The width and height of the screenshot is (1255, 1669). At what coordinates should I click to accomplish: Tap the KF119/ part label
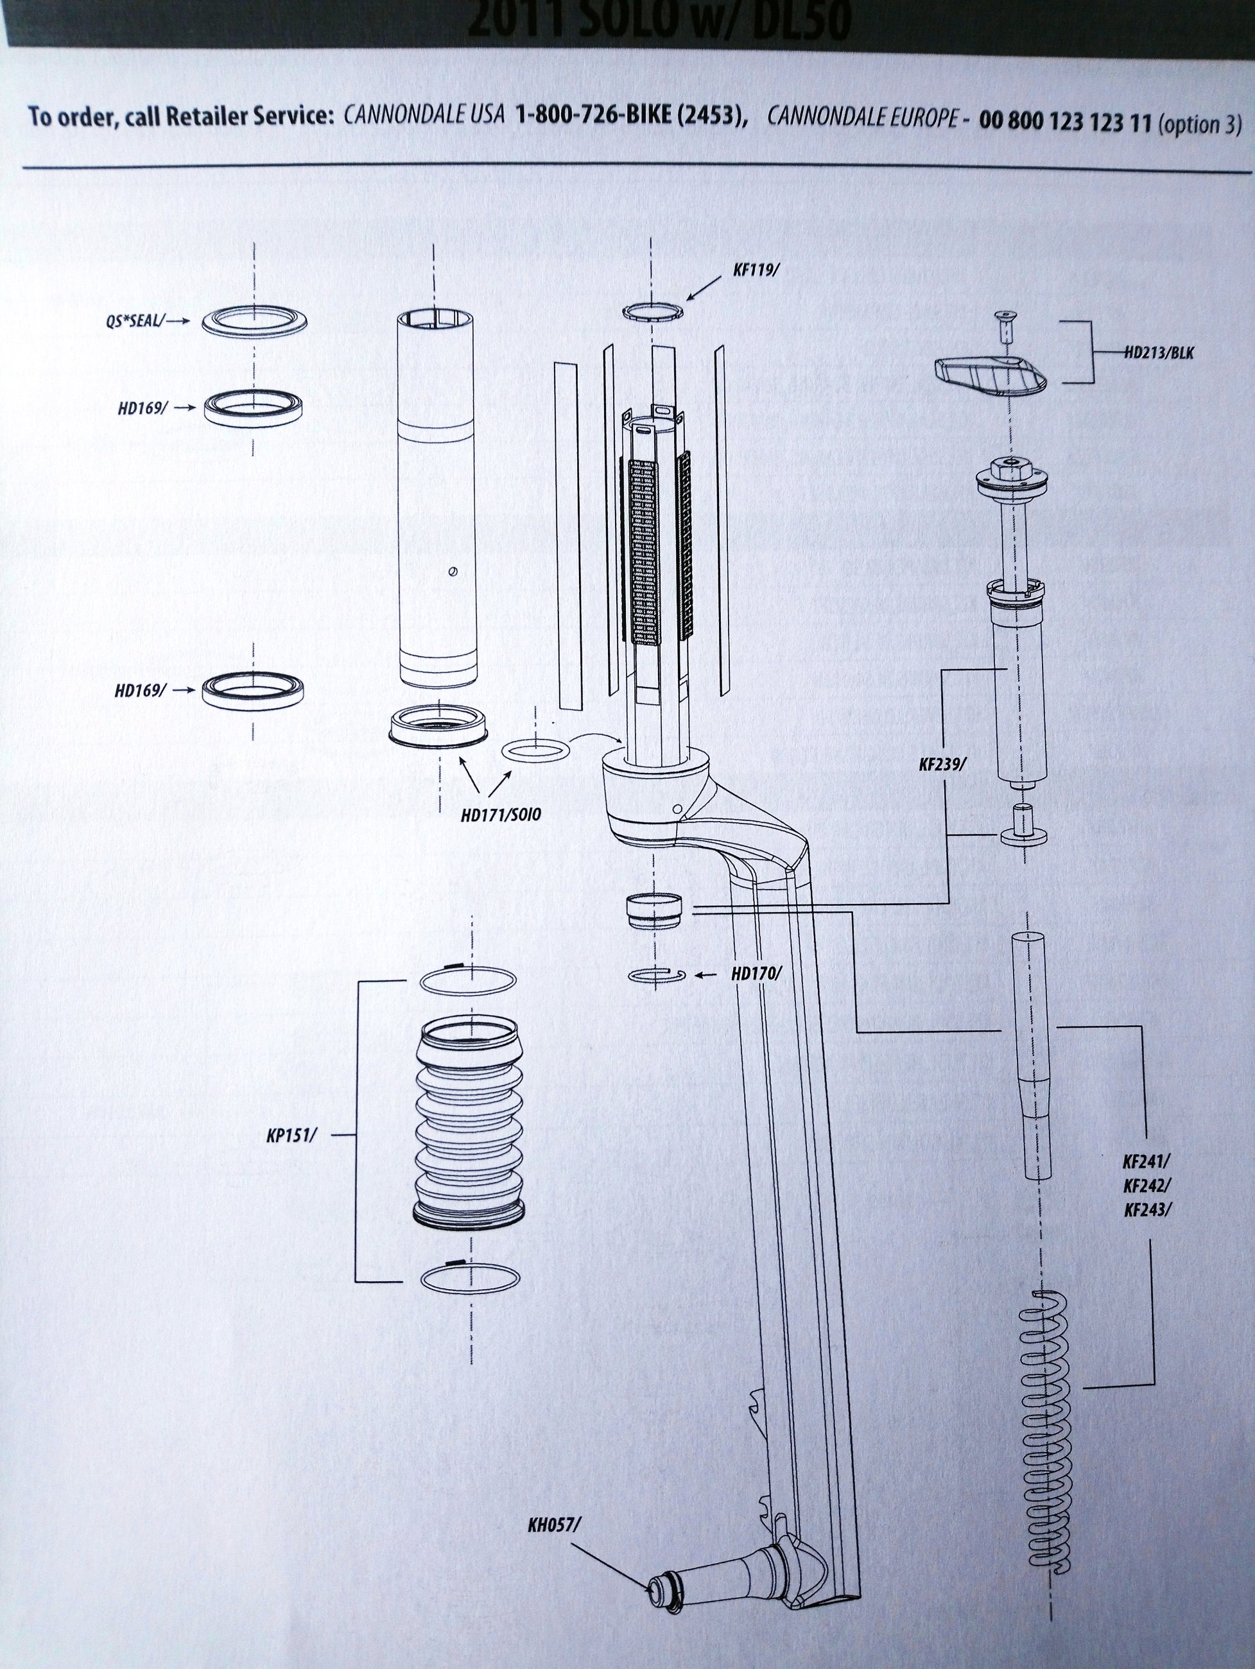click(755, 270)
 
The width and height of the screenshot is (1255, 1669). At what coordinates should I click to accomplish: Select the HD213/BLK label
click(1159, 352)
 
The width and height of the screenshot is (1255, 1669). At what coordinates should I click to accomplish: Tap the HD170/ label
click(756, 973)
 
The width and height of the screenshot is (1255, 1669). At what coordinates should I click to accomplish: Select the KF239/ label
click(942, 765)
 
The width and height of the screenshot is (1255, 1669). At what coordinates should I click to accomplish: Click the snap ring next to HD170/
click(656, 975)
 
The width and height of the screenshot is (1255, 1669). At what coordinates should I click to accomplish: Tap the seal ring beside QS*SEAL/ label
click(254, 322)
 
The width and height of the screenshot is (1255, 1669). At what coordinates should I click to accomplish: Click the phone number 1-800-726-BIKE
click(631, 119)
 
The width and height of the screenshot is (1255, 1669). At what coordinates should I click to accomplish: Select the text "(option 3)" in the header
click(1199, 123)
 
